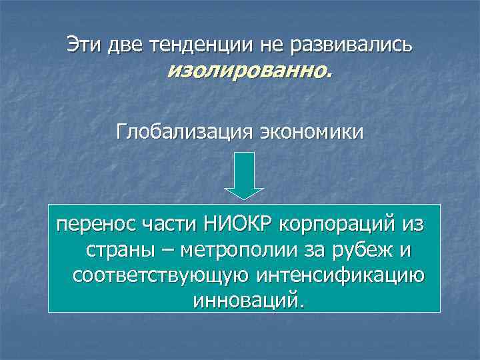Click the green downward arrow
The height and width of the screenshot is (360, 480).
click(244, 175)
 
